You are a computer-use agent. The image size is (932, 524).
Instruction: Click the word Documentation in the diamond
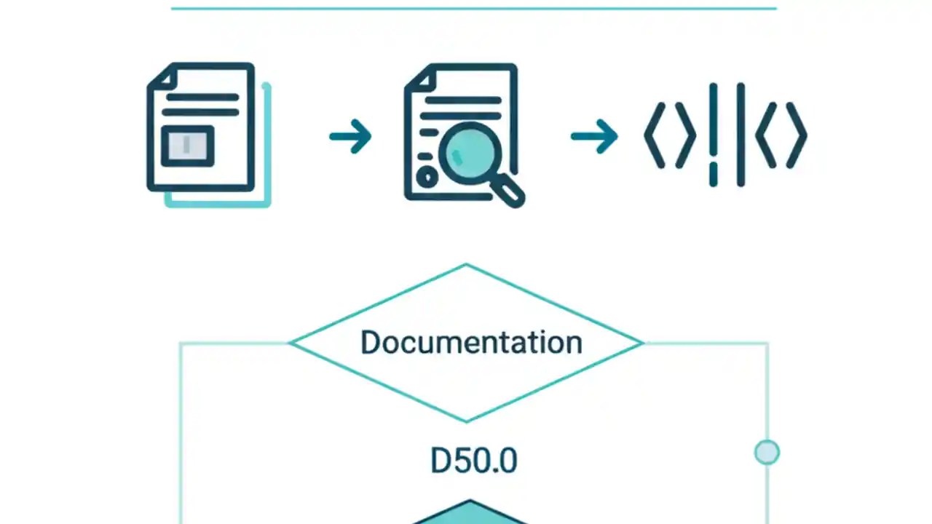(x=471, y=342)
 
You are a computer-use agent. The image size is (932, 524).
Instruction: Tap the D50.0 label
(x=473, y=461)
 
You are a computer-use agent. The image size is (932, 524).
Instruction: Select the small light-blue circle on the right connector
(x=767, y=453)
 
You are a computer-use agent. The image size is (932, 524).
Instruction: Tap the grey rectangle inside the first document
(x=187, y=146)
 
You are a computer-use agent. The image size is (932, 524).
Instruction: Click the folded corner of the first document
(x=163, y=76)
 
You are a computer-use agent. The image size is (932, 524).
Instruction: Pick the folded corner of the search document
(x=420, y=78)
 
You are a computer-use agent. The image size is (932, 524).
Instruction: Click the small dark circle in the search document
(x=427, y=176)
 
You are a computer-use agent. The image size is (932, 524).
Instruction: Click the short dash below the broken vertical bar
(x=713, y=175)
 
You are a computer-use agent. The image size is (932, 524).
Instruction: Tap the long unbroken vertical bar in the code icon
(x=741, y=135)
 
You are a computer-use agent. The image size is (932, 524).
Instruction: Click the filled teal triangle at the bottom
(x=470, y=513)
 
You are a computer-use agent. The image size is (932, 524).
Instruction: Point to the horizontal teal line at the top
(x=473, y=9)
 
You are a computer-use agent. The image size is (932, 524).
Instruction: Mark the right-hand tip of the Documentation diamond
(x=641, y=342)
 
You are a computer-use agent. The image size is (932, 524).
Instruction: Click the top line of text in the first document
(x=202, y=97)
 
